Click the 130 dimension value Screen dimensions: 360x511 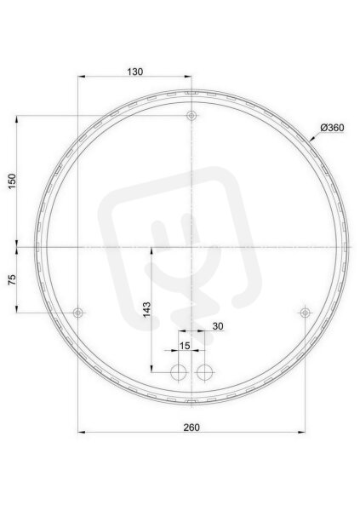135,72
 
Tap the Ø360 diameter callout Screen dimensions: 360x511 332,128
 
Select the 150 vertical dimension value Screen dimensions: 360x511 12,181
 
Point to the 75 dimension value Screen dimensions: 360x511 12,279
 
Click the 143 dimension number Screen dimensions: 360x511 147,309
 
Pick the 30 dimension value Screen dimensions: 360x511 218,326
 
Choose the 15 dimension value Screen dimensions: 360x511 185,346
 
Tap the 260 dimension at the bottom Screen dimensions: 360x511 191,428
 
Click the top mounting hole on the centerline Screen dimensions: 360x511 191,115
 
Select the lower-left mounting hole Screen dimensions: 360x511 77,313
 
